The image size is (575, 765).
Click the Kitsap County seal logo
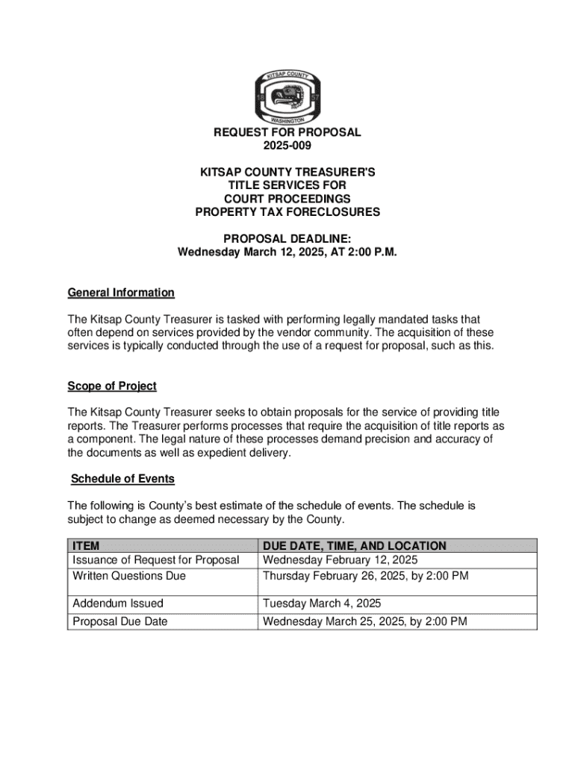[287, 98]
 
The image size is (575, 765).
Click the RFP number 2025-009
[287, 146]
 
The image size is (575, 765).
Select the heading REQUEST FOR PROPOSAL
[287, 132]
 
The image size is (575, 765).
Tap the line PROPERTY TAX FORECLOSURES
[287, 212]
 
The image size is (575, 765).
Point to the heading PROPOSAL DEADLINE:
[287, 238]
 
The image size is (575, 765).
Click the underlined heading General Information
[121, 292]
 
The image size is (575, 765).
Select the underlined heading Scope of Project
[112, 386]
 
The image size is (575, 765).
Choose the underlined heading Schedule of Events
[122, 479]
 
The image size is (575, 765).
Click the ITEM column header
[86, 546]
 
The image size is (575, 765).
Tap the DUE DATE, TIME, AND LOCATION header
[355, 546]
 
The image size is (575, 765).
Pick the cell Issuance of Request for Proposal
[156, 560]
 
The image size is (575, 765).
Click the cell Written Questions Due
[129, 576]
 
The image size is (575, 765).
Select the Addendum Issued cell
[118, 603]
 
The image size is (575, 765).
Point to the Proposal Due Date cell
[120, 621]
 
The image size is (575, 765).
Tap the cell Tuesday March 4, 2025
[322, 603]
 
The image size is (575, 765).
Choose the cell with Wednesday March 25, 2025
[365, 621]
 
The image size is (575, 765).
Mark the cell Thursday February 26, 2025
[365, 576]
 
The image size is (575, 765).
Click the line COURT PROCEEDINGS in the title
[287, 199]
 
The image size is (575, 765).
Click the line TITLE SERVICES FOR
[287, 185]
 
